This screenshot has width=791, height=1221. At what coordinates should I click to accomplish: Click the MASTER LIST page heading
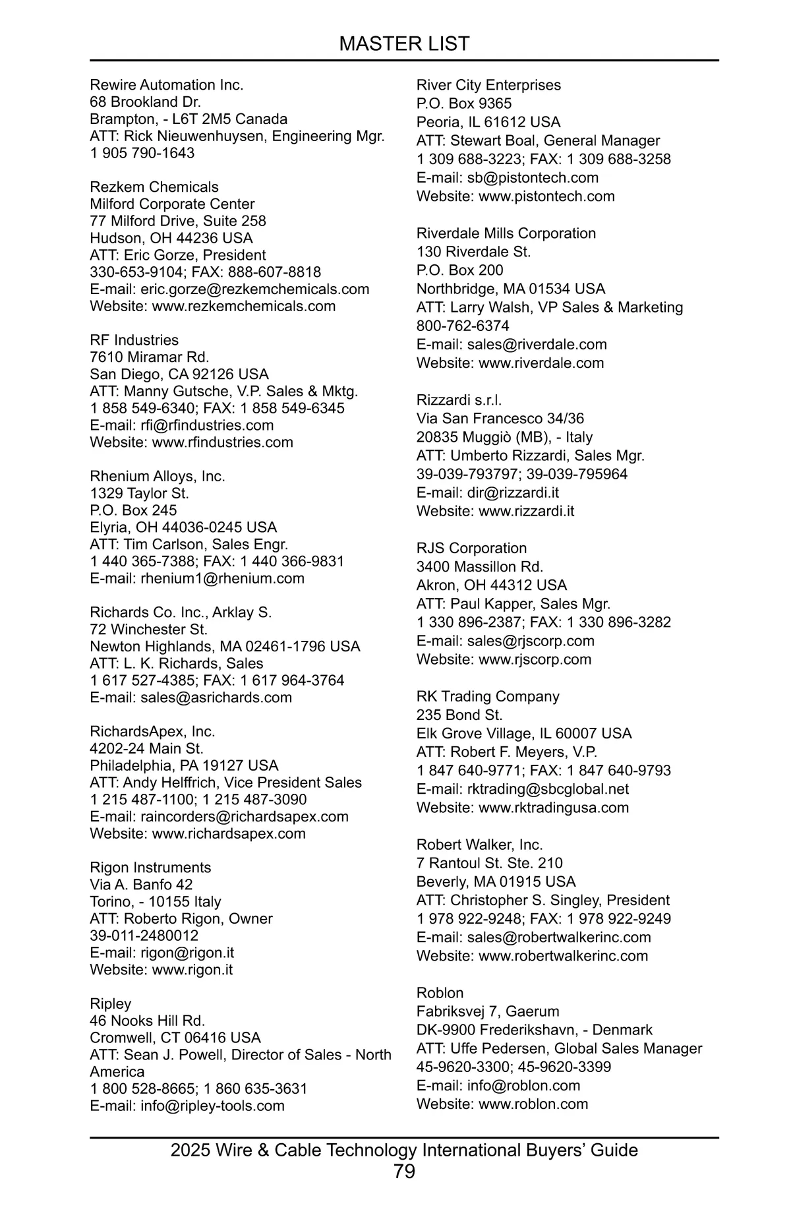click(404, 44)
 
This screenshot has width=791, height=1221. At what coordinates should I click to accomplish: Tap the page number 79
click(404, 1171)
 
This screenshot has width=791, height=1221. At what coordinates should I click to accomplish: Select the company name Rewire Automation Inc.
click(167, 85)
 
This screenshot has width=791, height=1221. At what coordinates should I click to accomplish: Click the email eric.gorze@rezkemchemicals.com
click(254, 289)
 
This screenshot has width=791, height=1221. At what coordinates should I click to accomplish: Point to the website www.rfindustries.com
click(223, 442)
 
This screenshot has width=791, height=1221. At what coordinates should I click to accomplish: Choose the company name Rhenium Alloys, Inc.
click(158, 476)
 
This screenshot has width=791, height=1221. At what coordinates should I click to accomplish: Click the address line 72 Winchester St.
click(149, 630)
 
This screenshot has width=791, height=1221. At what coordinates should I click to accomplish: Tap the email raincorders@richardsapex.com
click(245, 817)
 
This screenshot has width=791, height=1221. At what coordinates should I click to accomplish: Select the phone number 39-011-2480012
click(144, 936)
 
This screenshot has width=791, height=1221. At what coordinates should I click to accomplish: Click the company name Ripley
click(111, 1003)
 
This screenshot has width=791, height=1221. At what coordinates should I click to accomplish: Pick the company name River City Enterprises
click(488, 85)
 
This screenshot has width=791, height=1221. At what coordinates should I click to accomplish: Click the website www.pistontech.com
click(546, 196)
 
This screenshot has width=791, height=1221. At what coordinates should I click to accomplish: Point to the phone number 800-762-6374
click(463, 326)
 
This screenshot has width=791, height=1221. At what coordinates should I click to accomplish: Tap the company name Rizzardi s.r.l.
click(459, 400)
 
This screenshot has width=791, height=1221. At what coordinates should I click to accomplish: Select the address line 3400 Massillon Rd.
click(480, 567)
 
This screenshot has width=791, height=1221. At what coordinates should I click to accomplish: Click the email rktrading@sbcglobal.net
click(548, 789)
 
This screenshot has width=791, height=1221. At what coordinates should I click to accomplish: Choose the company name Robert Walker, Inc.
click(480, 845)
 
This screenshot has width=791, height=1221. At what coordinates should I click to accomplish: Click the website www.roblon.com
click(533, 1104)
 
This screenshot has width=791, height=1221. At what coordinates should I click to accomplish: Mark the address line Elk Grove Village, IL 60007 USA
click(524, 734)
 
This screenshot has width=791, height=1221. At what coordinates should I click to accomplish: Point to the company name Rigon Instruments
click(151, 868)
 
